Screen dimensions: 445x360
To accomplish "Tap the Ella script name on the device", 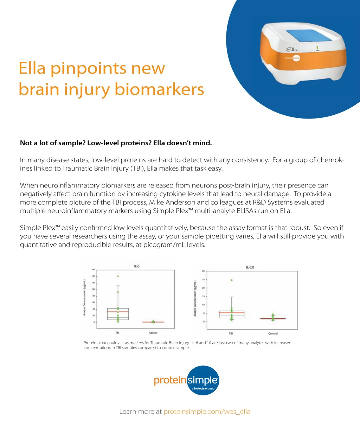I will tap(291, 50).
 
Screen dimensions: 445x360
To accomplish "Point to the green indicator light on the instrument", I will tap(317, 47).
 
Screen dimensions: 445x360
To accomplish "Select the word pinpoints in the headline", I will tap(88, 68).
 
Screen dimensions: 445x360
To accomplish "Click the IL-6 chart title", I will tap(136, 266).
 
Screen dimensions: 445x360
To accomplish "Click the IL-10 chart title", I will tap(250, 267).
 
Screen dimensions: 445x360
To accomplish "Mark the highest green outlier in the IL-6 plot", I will tap(118, 276).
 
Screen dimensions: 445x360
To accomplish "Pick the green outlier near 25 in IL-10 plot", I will tap(231, 280).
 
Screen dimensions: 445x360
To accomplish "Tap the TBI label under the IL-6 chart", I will tap(117, 332).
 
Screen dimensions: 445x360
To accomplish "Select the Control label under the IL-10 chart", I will tap(273, 333).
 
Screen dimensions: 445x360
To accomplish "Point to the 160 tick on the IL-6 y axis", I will tap(93, 270).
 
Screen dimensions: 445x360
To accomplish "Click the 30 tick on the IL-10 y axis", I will tap(204, 271).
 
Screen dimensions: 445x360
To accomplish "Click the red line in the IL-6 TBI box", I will tap(118, 312).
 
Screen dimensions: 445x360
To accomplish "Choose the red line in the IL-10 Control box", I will tap(273, 318).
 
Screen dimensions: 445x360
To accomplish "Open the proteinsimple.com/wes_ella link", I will tap(207, 412).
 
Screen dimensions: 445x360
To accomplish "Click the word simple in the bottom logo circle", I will tap(203, 380).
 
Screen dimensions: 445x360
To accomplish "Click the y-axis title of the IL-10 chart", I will tap(195, 298).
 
